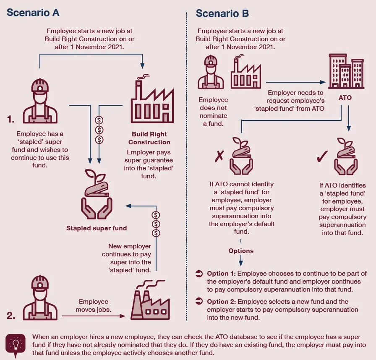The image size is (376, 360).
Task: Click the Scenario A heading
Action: point(33,13)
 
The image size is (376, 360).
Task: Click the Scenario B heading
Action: point(222,13)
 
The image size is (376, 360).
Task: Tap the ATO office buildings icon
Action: point(346,71)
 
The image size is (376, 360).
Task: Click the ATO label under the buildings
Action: point(345,97)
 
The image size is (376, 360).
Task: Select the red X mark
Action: point(219,156)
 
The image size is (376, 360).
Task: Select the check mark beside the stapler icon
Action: point(322,157)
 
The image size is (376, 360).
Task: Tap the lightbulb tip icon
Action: point(16,345)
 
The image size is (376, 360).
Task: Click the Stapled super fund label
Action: point(97,228)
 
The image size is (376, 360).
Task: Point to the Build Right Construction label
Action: point(149,138)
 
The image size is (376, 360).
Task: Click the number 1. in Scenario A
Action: point(11,119)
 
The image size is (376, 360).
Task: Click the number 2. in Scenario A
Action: point(11,316)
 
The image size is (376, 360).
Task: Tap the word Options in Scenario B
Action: point(241,251)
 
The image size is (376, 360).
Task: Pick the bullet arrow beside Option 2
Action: point(199,301)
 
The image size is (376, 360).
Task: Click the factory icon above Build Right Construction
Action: point(152,99)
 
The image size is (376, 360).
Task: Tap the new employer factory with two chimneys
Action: point(150,300)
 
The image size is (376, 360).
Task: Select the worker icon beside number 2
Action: point(40,297)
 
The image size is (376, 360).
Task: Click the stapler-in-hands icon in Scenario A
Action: point(97,194)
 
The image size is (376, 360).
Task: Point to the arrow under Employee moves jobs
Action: point(94,316)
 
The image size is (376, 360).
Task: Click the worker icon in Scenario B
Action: point(211,72)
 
